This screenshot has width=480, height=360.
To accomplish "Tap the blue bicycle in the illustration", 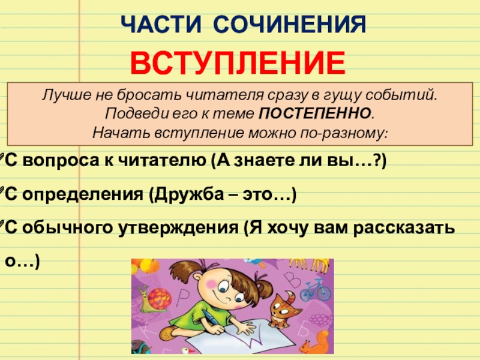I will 315,291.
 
